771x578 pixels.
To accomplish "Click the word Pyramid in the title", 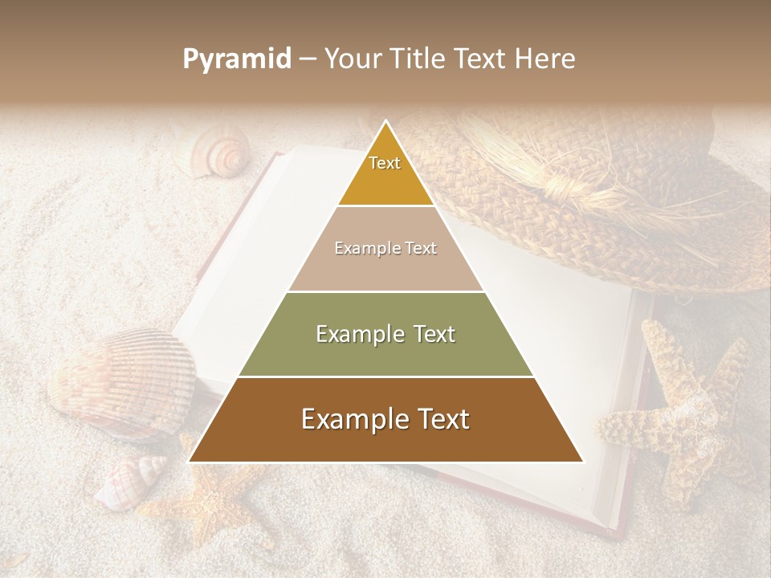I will [236, 59].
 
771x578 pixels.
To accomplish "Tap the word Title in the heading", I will [421, 59].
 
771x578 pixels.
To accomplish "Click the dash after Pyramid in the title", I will [307, 59].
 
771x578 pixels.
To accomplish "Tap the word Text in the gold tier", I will [385, 163].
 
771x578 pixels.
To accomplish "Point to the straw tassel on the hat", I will [570, 193].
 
